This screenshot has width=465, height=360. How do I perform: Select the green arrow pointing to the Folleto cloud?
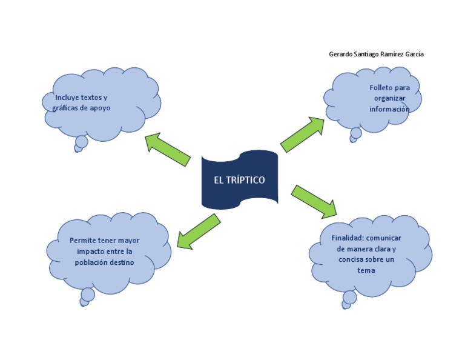(x=302, y=134)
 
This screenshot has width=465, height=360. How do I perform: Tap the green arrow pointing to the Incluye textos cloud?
(x=168, y=149)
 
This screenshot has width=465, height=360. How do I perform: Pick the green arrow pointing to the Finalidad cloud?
(x=314, y=201)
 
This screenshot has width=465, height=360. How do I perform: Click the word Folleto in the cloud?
(x=381, y=88)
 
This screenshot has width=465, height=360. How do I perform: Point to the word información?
(x=389, y=110)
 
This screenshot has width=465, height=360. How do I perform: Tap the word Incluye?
(x=67, y=98)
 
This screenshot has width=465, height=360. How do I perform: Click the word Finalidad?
(x=348, y=238)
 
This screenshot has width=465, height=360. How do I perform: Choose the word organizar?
(x=389, y=99)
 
